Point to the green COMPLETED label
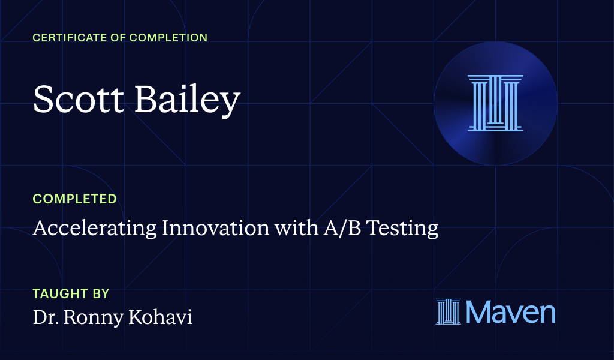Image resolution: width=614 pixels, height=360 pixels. (74, 199)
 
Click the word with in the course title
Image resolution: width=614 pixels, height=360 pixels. (290, 228)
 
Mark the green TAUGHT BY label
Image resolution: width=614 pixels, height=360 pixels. (71, 294)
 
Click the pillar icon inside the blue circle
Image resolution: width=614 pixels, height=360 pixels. (495, 103)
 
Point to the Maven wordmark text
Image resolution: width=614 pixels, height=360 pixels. (510, 313)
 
